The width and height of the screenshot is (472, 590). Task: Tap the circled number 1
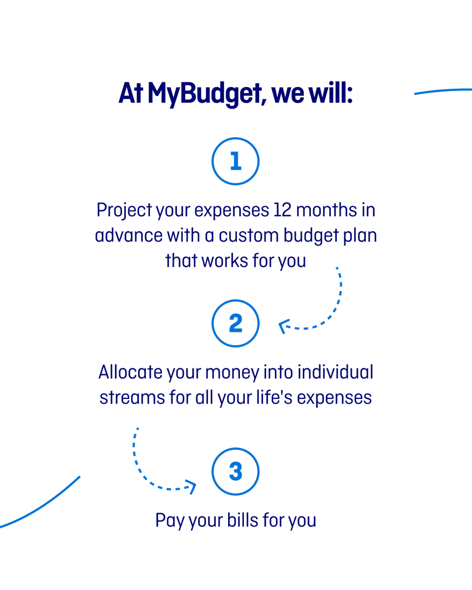pyautogui.click(x=236, y=161)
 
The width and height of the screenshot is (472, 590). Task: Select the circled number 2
pyautogui.click(x=236, y=324)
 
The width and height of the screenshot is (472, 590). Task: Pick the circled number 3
pyautogui.click(x=236, y=472)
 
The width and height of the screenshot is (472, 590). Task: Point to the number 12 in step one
pyautogui.click(x=280, y=210)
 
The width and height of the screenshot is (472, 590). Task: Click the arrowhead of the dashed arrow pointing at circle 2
pyautogui.click(x=283, y=326)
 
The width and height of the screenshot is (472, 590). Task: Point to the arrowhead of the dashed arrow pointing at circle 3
pyautogui.click(x=193, y=487)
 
